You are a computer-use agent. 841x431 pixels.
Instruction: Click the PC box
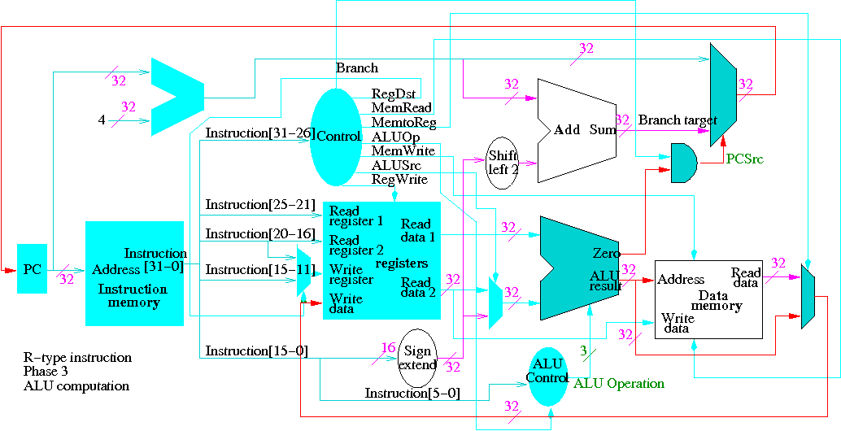tap(32, 268)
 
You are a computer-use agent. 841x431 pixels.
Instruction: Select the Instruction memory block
tap(134, 273)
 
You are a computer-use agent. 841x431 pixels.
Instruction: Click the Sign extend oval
tap(417, 357)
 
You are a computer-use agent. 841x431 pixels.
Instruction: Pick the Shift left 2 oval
tap(503, 163)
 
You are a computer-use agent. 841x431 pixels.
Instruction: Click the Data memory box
tap(708, 299)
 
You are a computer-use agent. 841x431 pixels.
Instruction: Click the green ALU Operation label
tap(619, 384)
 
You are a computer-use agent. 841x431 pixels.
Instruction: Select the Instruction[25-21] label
tap(259, 204)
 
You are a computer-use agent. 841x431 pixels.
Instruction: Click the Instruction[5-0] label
tap(412, 394)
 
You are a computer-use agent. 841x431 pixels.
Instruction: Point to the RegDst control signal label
tap(394, 94)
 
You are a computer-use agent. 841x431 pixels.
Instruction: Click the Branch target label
tap(677, 120)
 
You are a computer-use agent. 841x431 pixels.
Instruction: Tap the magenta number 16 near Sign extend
tap(388, 348)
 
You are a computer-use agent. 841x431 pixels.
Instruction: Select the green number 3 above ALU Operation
tap(582, 350)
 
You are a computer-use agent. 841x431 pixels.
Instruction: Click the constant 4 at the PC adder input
tap(102, 120)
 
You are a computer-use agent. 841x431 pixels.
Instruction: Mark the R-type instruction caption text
tap(77, 358)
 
